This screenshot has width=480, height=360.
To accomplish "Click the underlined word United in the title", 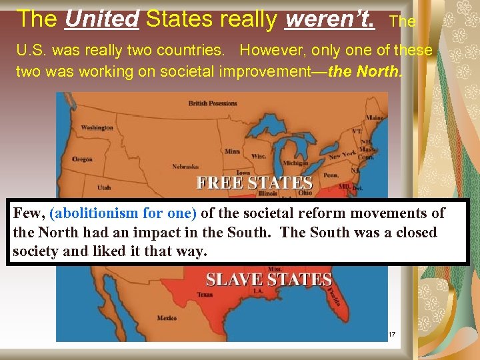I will coord(102,19).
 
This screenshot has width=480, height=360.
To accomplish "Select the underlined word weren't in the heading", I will coord(329,19).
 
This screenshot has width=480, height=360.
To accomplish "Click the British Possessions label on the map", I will coord(212,103).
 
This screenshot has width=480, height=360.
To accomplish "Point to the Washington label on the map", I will coord(97,127).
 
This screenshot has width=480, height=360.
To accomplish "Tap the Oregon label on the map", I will coord(83,159).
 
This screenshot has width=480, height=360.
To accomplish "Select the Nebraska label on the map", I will coord(185,167).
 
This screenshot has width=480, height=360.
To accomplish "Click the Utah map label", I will coord(103,188).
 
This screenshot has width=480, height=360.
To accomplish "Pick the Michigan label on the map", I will coord(295,163).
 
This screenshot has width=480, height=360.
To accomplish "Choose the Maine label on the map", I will coord(374,119).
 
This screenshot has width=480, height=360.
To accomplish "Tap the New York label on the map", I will coord(342,155).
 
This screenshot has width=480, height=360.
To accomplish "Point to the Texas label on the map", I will coord(205,294).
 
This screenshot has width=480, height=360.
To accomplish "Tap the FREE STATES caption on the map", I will coord(254,183).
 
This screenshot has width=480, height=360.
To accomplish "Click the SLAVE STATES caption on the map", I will coord(269,280).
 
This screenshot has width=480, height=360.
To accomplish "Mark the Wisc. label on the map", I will coord(259,157).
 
